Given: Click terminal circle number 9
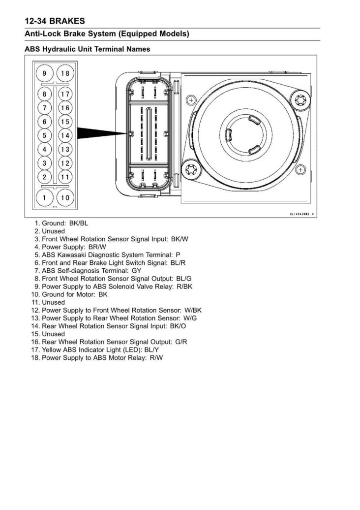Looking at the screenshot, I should [x=45, y=73].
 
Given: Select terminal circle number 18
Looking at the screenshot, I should [x=65, y=73].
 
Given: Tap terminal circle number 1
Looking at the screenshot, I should [x=45, y=198].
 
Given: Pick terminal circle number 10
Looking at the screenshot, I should [x=65, y=198].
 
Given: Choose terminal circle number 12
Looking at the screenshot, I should [x=65, y=163].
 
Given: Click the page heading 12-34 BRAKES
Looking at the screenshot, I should [x=55, y=21].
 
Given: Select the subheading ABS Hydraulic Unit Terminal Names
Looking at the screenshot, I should [x=88, y=49].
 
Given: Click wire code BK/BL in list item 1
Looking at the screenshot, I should [x=79, y=223].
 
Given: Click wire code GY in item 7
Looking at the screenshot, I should [x=136, y=270].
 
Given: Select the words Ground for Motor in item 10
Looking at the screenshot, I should [x=68, y=294].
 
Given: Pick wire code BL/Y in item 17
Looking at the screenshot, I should [x=152, y=350].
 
